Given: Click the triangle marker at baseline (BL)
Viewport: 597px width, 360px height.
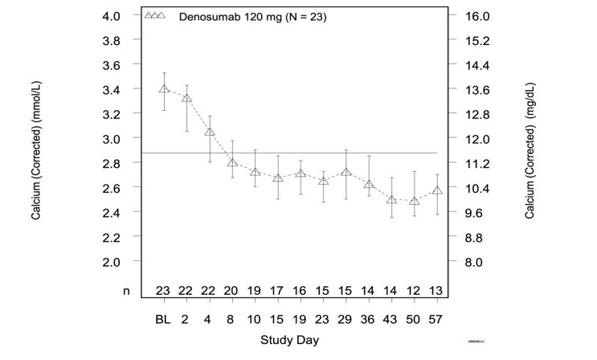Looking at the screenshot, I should [x=164, y=89].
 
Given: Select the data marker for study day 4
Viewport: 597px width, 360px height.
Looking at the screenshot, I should [x=210, y=132].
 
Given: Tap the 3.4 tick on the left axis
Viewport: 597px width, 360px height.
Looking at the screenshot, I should [x=109, y=89].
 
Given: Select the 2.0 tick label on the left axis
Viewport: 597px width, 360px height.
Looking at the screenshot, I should [x=109, y=261].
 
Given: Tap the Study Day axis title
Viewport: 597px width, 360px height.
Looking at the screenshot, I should [x=289, y=340].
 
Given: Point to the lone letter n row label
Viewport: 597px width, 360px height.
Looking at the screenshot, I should [x=126, y=292].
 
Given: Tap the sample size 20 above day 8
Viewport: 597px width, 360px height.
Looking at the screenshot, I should [x=232, y=292].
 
